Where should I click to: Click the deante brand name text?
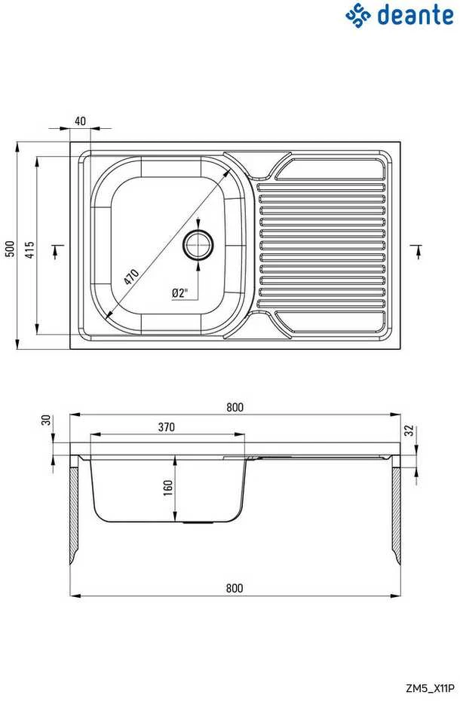416,15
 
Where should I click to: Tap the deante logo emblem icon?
358,15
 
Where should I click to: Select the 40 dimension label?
80,121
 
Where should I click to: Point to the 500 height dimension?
10,249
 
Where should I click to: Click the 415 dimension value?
29,249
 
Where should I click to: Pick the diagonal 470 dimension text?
131,277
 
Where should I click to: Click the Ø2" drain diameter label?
179,293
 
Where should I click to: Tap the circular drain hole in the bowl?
198,244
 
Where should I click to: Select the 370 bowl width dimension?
166,427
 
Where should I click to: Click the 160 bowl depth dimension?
168,488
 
